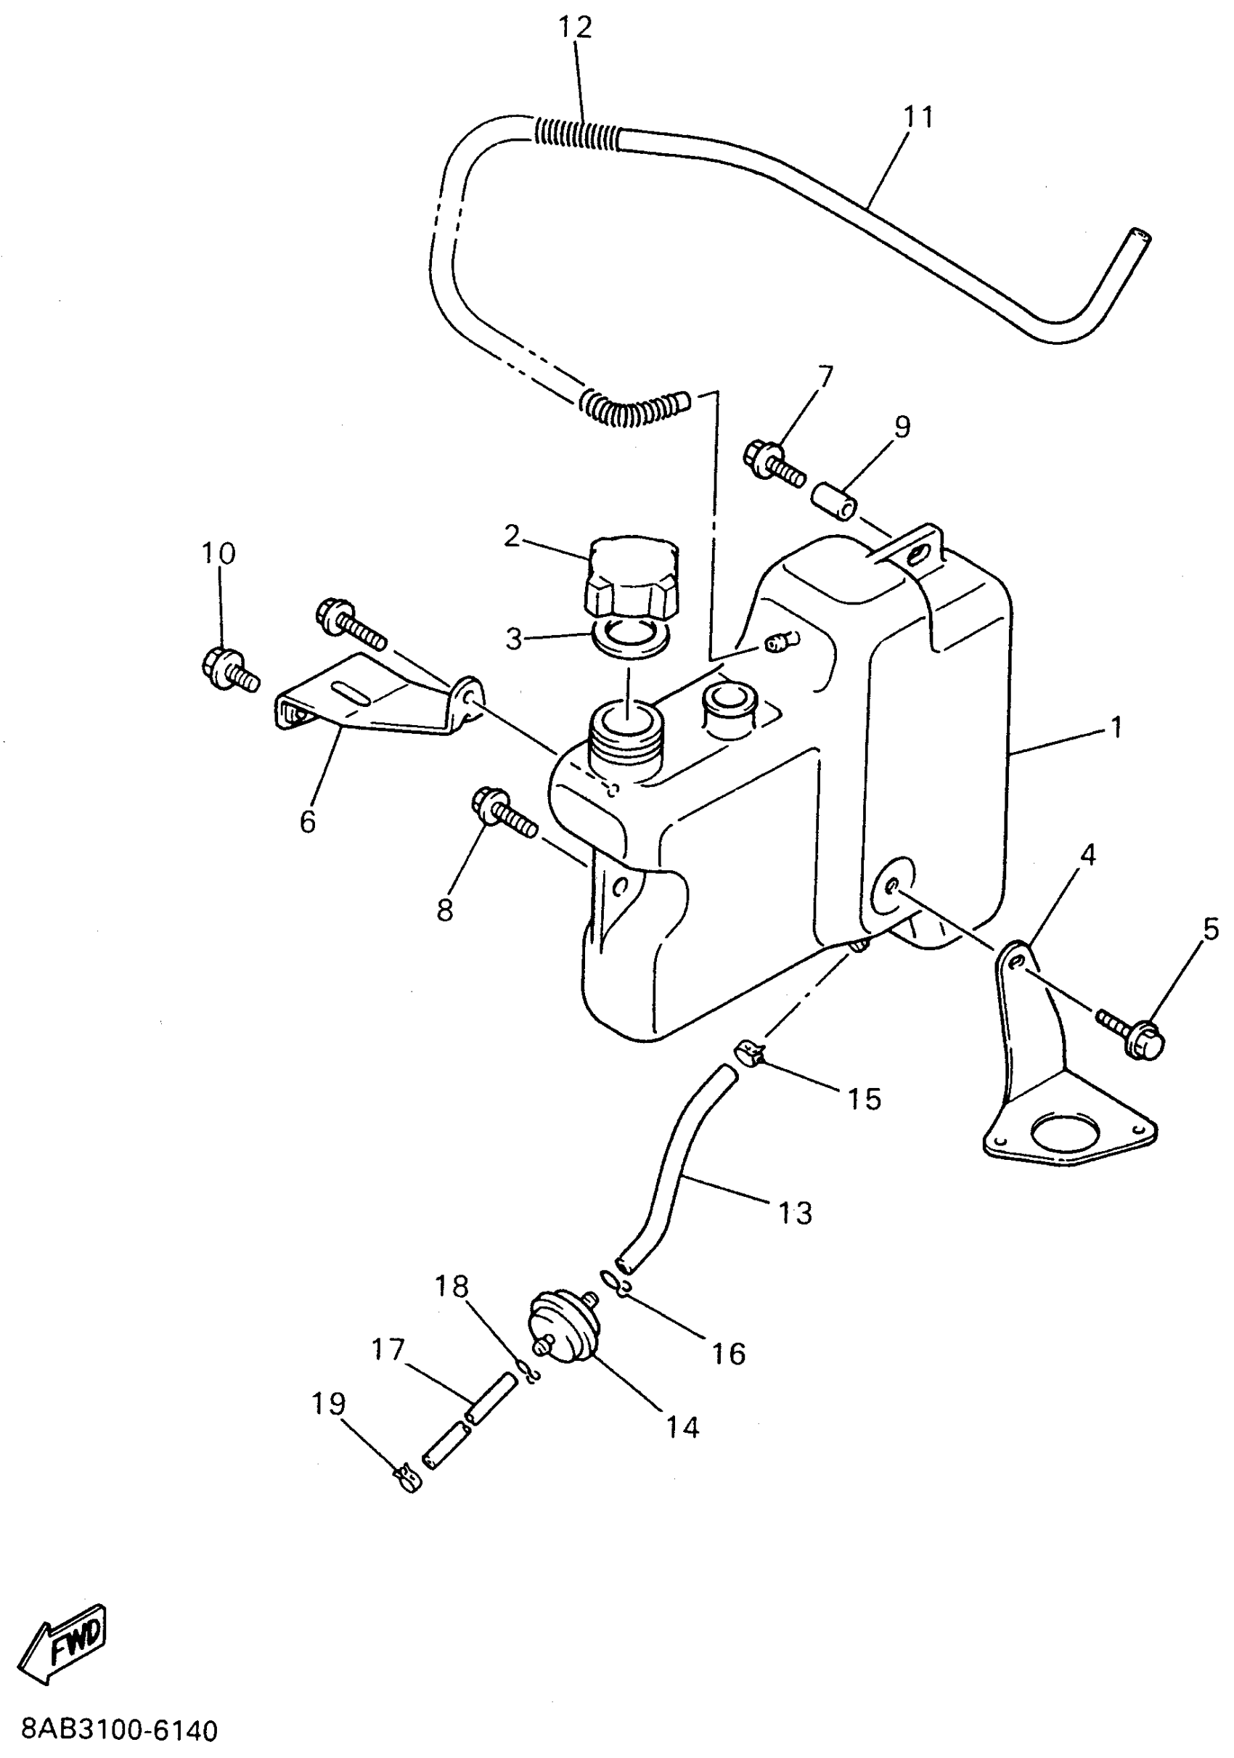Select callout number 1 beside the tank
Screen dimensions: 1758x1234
tap(1116, 727)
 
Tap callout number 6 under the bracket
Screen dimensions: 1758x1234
tap(308, 822)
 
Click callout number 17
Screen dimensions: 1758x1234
tap(388, 1350)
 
